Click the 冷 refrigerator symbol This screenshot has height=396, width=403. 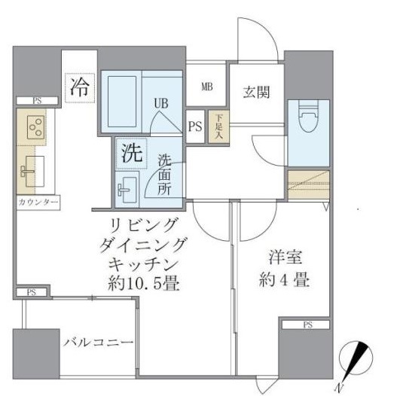coord(79,86)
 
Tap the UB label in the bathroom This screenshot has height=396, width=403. coord(161,103)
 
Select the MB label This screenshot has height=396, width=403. coord(206,87)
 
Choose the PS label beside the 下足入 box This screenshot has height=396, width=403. coord(195,126)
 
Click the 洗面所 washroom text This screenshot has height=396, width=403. coord(164,175)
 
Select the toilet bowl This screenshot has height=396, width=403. coord(307,120)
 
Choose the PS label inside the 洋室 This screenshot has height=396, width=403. coord(306,325)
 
